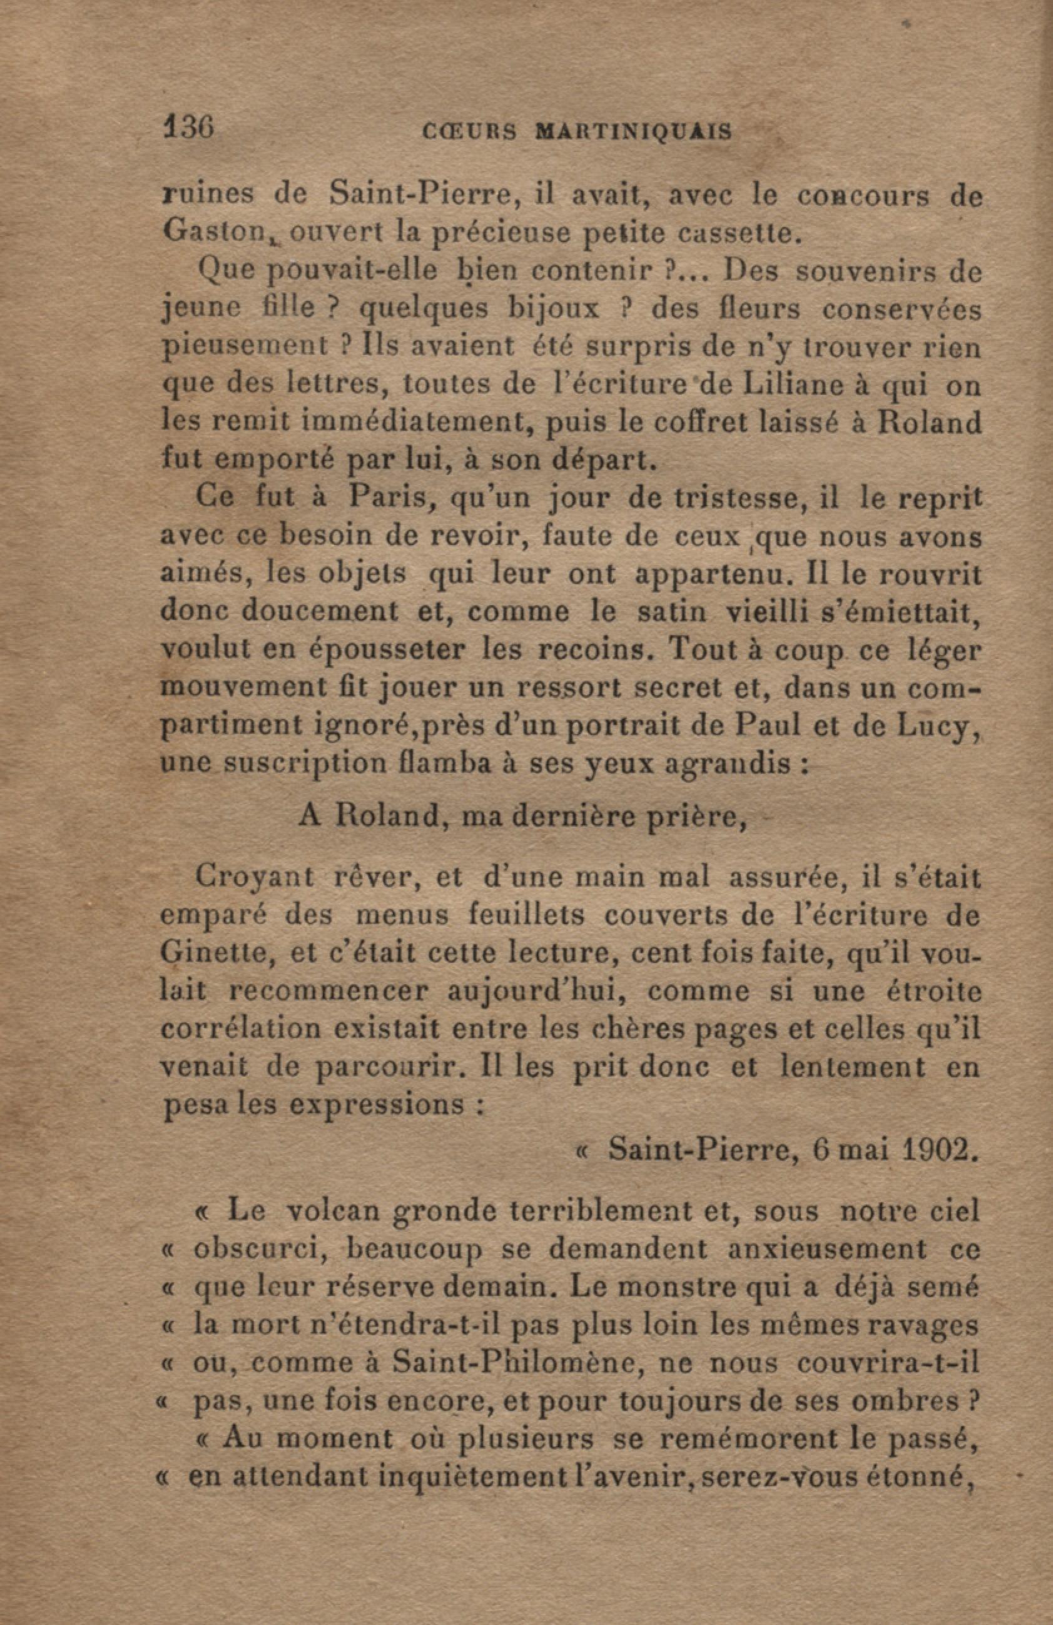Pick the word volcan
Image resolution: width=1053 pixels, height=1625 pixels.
pos(334,1212)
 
